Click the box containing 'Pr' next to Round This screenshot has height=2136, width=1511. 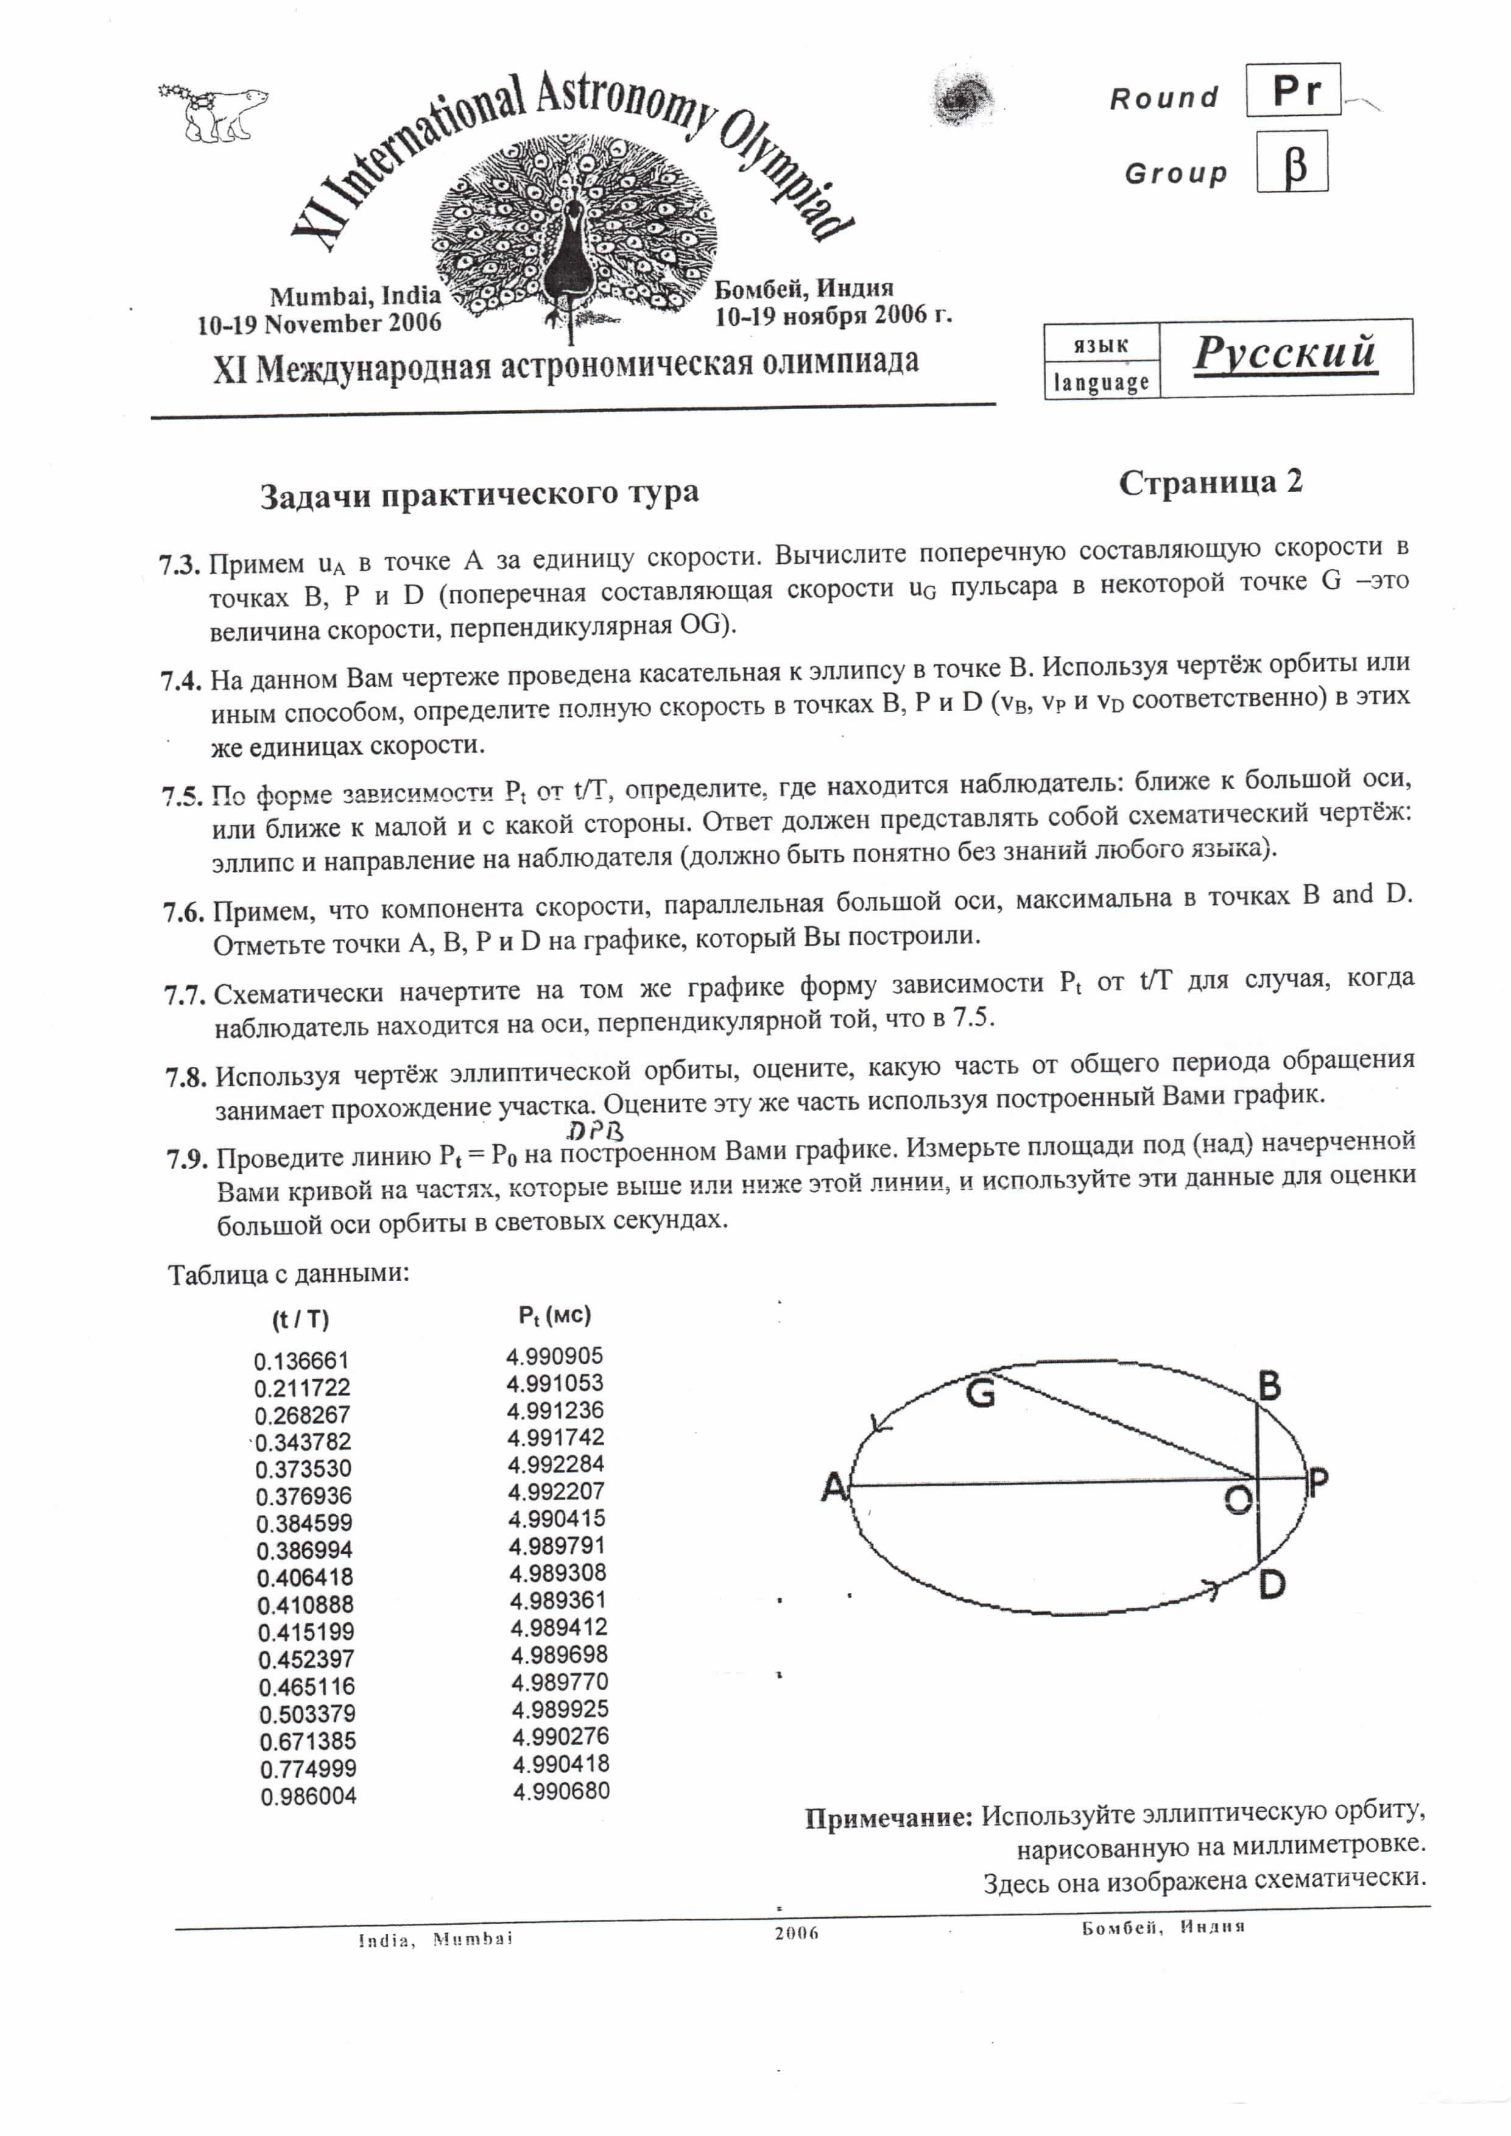(x=1292, y=90)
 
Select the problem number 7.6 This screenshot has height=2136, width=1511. (x=183, y=912)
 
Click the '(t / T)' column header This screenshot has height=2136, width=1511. (x=300, y=1319)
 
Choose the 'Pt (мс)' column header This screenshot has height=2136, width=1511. (x=555, y=1315)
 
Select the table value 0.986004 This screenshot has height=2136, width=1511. (x=308, y=1796)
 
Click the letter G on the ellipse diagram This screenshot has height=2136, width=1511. (x=981, y=1393)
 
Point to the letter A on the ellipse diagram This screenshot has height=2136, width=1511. (x=834, y=1488)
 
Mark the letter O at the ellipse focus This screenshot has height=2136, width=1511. (x=1238, y=1498)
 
